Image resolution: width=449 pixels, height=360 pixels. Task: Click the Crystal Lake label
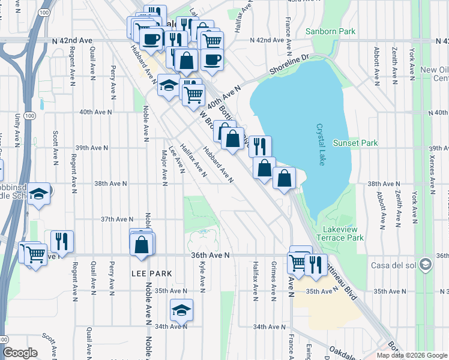pos(321,145)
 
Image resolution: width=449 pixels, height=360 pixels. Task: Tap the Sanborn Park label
pos(330,31)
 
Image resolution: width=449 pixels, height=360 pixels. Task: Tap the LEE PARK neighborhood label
pos(152,274)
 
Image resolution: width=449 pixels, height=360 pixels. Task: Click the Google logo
pos(20,353)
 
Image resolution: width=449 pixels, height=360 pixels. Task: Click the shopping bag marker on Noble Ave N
pos(142,244)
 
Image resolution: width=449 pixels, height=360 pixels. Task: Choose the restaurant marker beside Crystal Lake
pos(260,146)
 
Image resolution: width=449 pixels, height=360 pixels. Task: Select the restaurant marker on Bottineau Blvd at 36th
pos(315,264)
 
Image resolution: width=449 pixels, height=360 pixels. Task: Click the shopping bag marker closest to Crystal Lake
pos(285,178)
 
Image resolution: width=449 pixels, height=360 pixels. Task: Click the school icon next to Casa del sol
pos(426,265)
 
